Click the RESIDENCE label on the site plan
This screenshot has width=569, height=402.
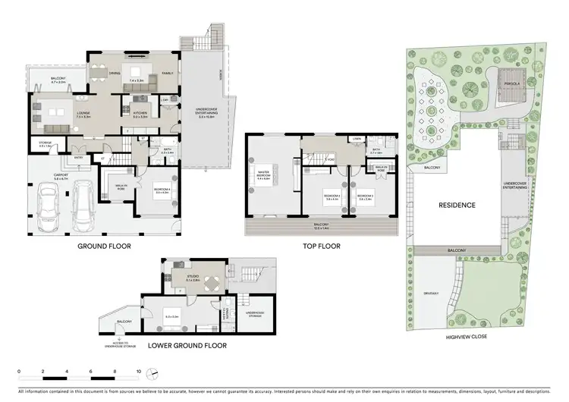click(455, 205)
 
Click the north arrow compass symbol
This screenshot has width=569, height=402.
click(153, 372)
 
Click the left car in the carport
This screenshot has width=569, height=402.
click(47, 206)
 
